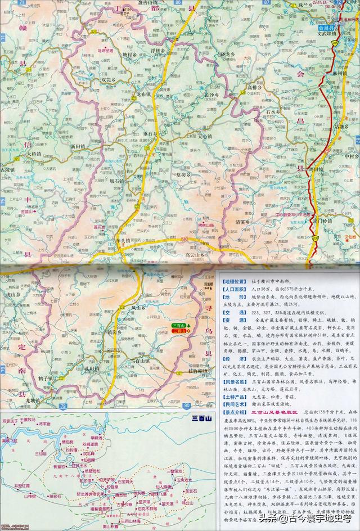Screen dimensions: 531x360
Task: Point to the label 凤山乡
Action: click(x=138, y=308)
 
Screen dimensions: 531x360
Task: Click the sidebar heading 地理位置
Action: click(x=235, y=280)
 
